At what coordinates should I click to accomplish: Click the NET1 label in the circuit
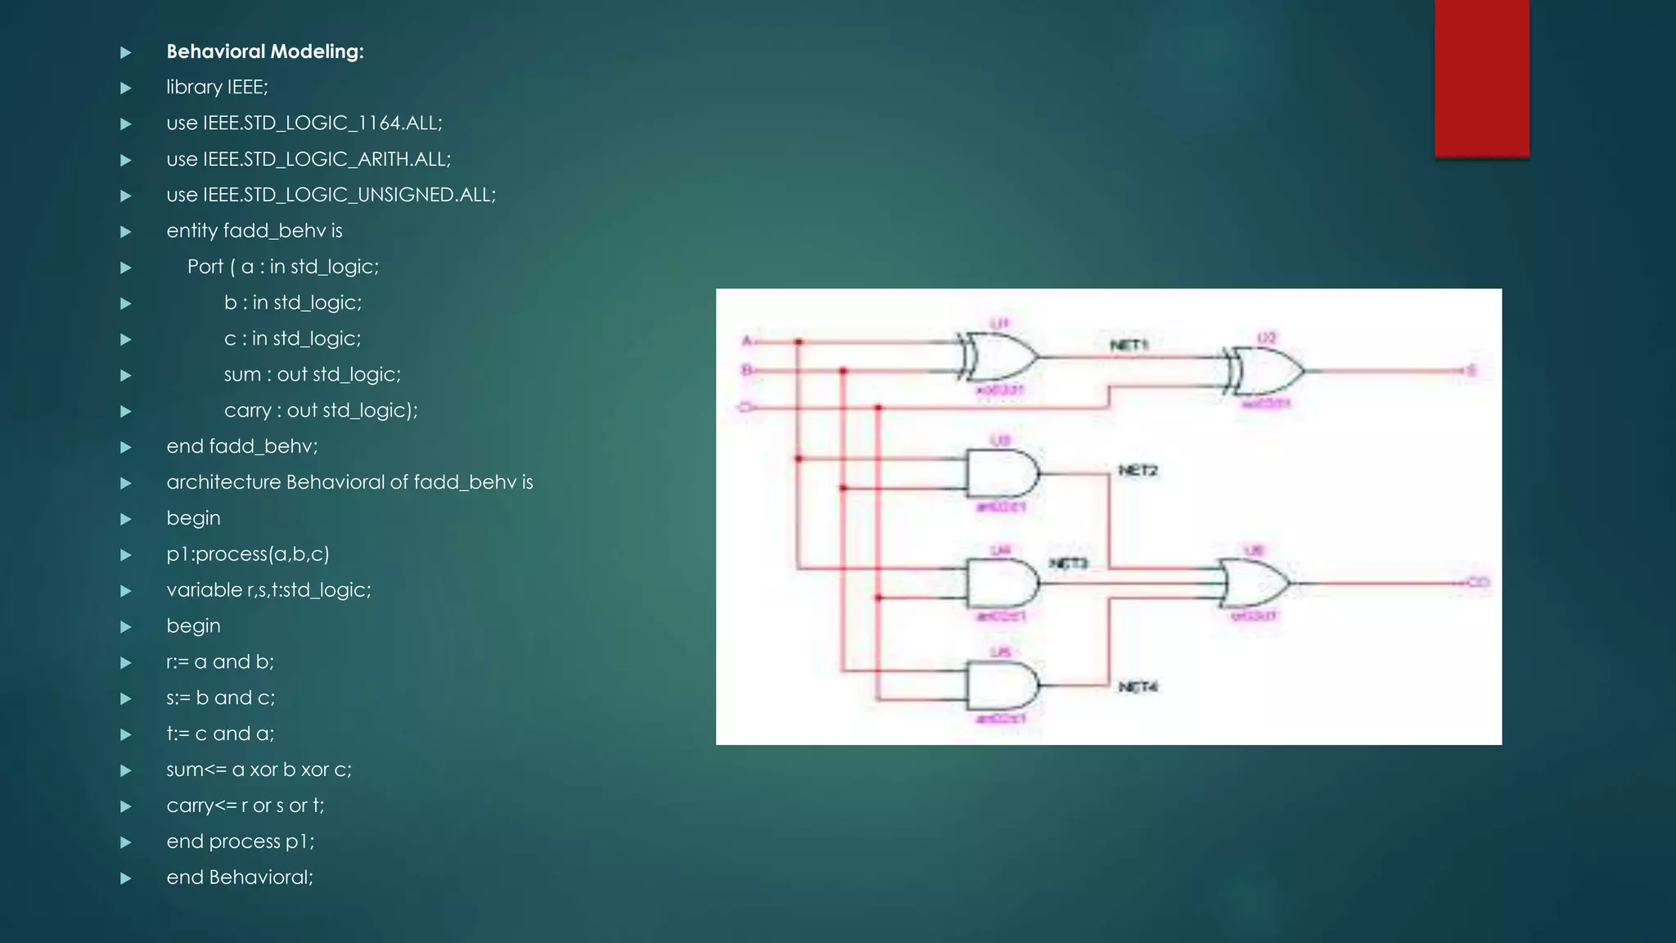click(1129, 345)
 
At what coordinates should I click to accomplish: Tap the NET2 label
click(1138, 471)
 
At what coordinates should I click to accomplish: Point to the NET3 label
click(1068, 563)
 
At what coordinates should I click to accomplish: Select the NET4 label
click(1138, 687)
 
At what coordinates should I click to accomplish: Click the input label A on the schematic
click(746, 341)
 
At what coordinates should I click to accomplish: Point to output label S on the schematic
click(1471, 371)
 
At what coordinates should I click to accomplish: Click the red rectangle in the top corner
click(1481, 78)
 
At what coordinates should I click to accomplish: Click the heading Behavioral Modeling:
click(265, 52)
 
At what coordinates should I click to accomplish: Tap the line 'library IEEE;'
click(217, 87)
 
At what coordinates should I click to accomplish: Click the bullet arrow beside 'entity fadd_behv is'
click(126, 232)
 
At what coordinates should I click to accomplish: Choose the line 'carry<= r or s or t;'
click(246, 805)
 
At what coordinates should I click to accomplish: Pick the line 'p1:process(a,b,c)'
click(248, 554)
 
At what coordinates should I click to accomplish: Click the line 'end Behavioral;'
click(240, 878)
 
